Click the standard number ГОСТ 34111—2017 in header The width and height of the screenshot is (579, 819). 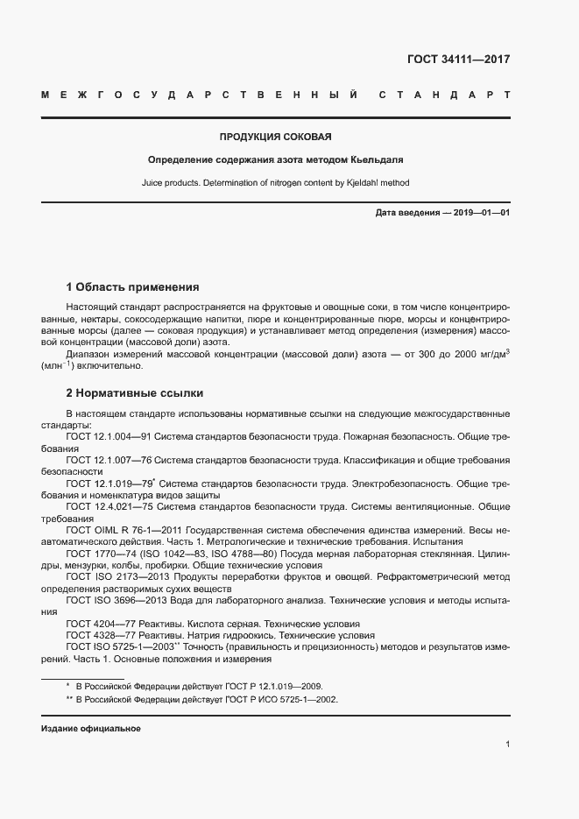[x=458, y=60]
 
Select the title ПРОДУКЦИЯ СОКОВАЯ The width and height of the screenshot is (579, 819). [x=275, y=138]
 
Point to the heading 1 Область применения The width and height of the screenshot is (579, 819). [x=133, y=287]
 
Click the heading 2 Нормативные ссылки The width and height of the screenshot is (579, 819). [x=135, y=393]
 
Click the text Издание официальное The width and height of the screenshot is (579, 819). [x=91, y=729]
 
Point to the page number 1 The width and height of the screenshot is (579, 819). [x=507, y=744]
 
